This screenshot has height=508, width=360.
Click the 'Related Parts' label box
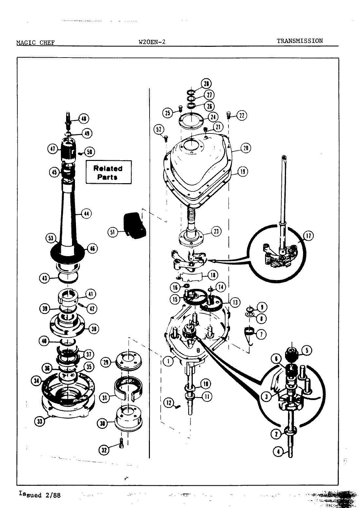[x=108, y=172]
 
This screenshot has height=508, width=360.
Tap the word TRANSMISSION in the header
[x=299, y=41]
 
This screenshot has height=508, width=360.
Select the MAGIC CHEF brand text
[x=35, y=43]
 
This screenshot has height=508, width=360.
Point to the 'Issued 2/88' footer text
[x=39, y=495]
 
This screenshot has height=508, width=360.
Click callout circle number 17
[x=308, y=235]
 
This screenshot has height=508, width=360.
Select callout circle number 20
[x=245, y=148]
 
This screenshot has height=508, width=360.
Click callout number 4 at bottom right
[x=278, y=452]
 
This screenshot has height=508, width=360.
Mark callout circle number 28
[x=207, y=83]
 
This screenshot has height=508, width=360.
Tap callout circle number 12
[x=169, y=403]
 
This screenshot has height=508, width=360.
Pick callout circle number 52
[x=159, y=130]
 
